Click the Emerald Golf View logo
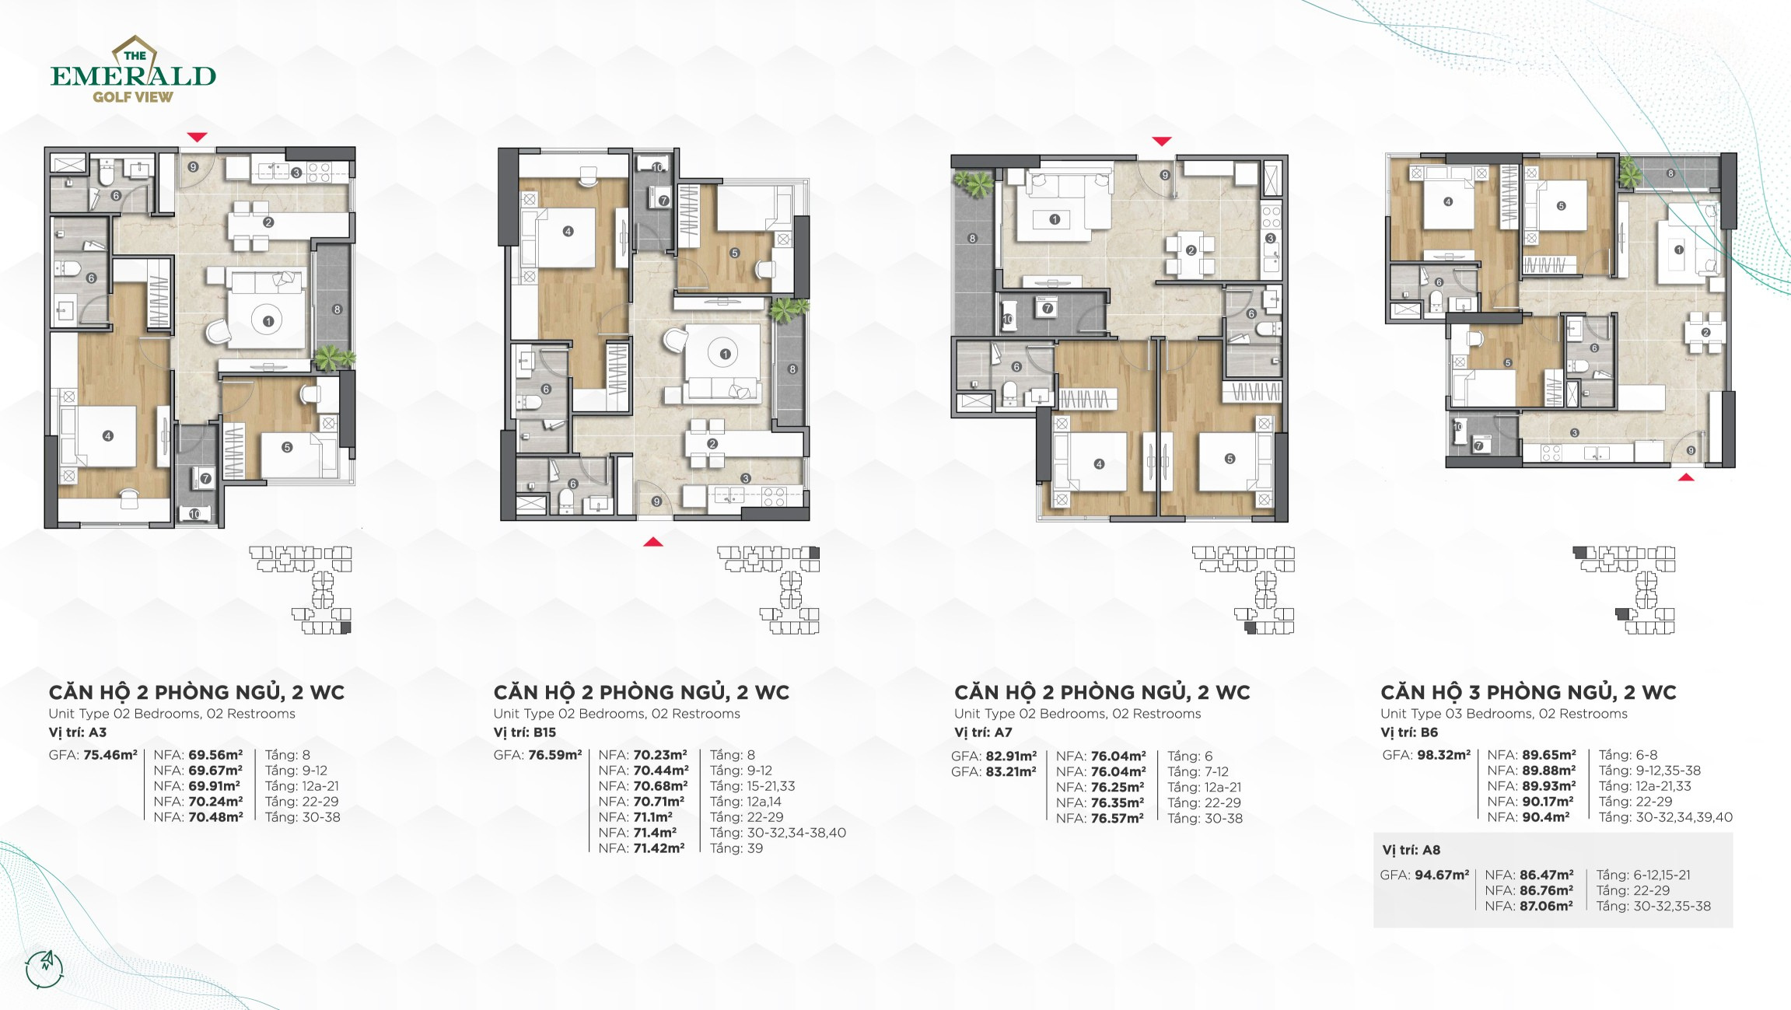coord(133,71)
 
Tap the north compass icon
coord(44,968)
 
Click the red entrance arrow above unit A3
coord(197,138)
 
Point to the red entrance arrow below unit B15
coord(653,542)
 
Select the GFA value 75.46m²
coord(110,755)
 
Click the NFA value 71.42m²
coord(659,848)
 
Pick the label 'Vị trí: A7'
coord(983,732)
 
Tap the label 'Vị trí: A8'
coord(1411,850)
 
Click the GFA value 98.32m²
coord(1443,755)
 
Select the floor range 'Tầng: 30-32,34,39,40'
coord(1665,817)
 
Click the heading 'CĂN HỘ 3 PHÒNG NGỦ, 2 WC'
coord(1528,692)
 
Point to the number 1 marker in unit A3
coord(268,321)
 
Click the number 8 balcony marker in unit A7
coord(972,239)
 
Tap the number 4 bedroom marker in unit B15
coord(568,231)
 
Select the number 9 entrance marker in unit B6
coord(1691,451)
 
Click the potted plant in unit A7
coord(973,184)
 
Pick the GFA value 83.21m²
coord(993,772)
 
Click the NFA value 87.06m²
coord(1546,906)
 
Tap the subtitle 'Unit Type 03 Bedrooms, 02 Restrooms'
coord(1503,714)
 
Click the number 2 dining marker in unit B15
coord(712,444)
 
